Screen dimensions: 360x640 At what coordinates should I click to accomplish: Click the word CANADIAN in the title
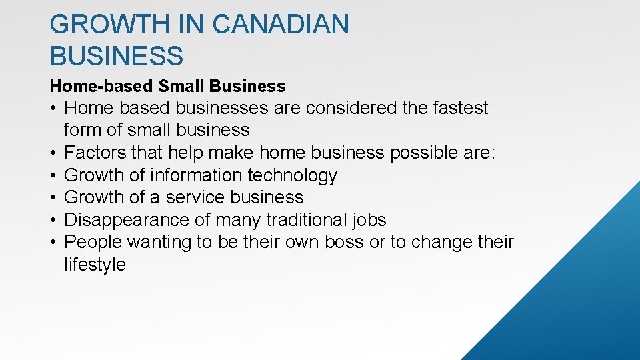281,25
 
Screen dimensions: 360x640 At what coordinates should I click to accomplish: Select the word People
93,242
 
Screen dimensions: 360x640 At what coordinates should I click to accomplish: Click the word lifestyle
95,265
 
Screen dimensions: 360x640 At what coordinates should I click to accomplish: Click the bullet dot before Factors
53,153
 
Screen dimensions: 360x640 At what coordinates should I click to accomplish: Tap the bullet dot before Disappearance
53,221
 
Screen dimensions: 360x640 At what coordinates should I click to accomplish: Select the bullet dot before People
53,243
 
